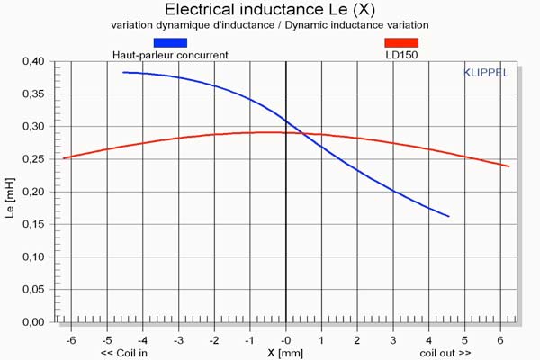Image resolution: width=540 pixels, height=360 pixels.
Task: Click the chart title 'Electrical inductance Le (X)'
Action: [x=270, y=9]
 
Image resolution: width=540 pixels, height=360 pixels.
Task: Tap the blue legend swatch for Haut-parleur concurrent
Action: [x=170, y=41]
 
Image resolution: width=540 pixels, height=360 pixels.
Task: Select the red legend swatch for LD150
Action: [x=400, y=41]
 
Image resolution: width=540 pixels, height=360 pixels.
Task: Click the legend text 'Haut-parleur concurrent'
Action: [x=170, y=55]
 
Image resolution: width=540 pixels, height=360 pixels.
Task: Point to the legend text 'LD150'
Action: [x=400, y=55]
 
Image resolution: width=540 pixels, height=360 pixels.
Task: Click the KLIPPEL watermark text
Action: [x=485, y=72]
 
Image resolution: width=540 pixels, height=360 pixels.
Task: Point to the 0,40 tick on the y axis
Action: [x=31, y=61]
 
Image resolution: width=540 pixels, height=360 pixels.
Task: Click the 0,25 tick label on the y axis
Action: [x=31, y=158]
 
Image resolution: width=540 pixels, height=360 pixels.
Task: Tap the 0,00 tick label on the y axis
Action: [x=31, y=321]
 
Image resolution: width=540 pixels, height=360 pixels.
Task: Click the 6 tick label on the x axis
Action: [x=500, y=340]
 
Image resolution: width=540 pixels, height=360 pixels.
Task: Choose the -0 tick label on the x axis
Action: [x=284, y=340]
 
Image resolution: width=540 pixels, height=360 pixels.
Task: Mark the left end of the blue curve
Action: [x=123, y=72]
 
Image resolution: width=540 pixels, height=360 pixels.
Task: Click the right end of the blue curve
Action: [x=448, y=216]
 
